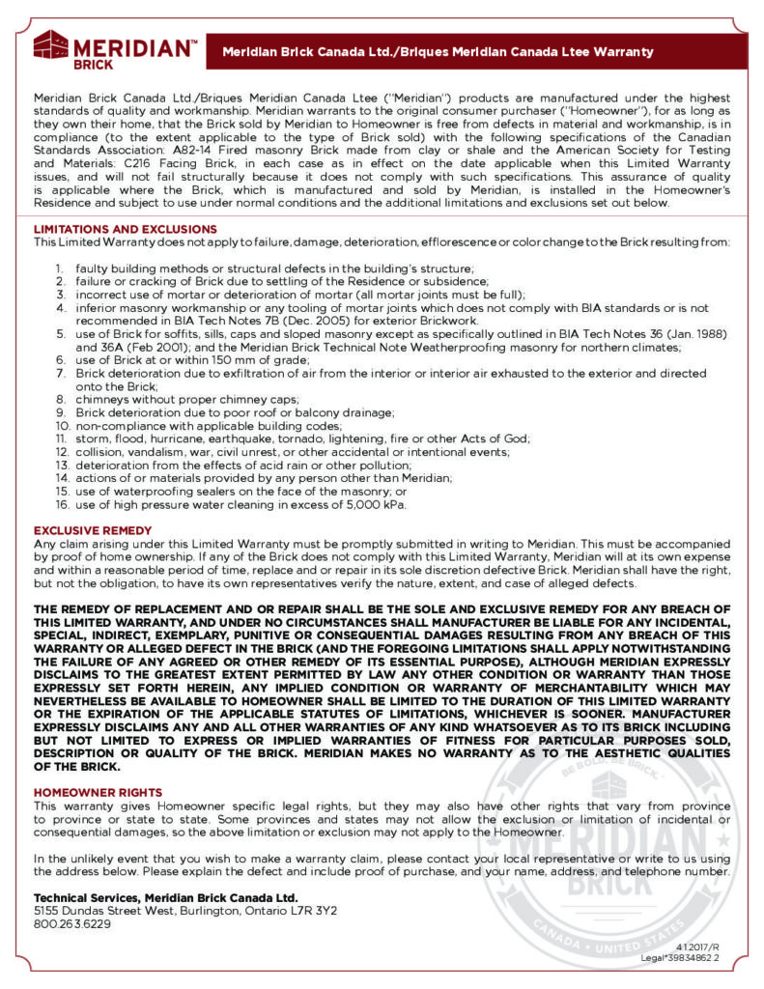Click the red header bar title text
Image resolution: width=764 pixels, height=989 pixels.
[438, 51]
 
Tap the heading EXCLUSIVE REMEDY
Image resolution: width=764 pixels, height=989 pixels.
[93, 530]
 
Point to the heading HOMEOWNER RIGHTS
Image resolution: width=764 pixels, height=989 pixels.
[98, 791]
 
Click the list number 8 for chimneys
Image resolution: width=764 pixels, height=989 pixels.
[59, 398]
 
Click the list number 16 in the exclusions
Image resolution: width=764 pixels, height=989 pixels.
[59, 504]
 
